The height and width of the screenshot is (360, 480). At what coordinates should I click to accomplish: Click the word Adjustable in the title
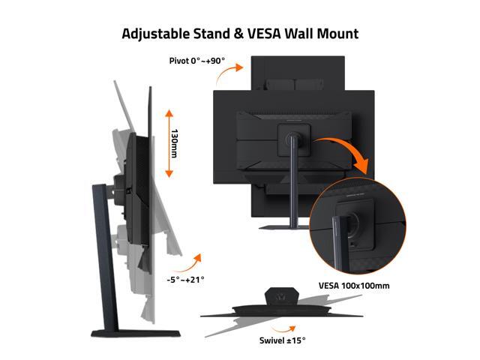(x=156, y=34)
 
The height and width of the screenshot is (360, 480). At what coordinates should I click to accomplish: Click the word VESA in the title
(x=264, y=34)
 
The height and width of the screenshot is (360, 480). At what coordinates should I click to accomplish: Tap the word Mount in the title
(x=337, y=34)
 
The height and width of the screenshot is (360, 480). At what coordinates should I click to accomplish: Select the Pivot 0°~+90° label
(x=197, y=61)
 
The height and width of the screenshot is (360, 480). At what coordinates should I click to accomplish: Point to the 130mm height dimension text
(x=174, y=143)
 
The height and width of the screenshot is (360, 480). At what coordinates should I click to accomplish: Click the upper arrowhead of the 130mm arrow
(x=169, y=113)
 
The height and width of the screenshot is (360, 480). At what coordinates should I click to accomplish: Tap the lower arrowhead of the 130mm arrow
(x=169, y=173)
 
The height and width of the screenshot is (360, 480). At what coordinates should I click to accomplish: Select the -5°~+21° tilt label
(x=185, y=280)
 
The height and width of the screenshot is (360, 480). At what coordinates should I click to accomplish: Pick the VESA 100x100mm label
(x=354, y=286)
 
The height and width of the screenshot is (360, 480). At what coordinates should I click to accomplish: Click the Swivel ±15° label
(x=282, y=340)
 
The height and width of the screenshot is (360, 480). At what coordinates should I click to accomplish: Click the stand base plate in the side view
(x=136, y=334)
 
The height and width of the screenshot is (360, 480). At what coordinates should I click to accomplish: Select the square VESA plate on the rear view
(x=293, y=140)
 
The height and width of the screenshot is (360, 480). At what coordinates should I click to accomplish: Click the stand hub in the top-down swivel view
(x=282, y=295)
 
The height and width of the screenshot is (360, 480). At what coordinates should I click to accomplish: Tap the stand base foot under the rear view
(x=283, y=227)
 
